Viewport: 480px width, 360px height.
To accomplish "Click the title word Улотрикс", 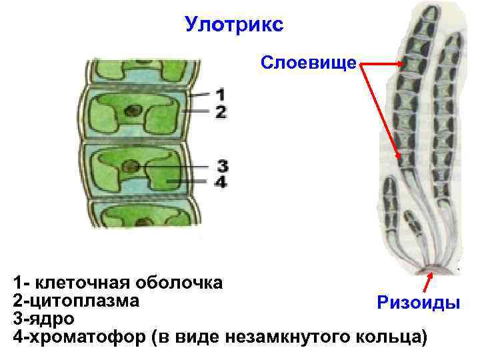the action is click(234, 25).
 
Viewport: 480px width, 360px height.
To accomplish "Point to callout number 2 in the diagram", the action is click(221, 111).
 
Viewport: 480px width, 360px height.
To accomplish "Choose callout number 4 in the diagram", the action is click(221, 181).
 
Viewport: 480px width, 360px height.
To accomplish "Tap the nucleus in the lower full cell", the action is click(133, 166).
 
